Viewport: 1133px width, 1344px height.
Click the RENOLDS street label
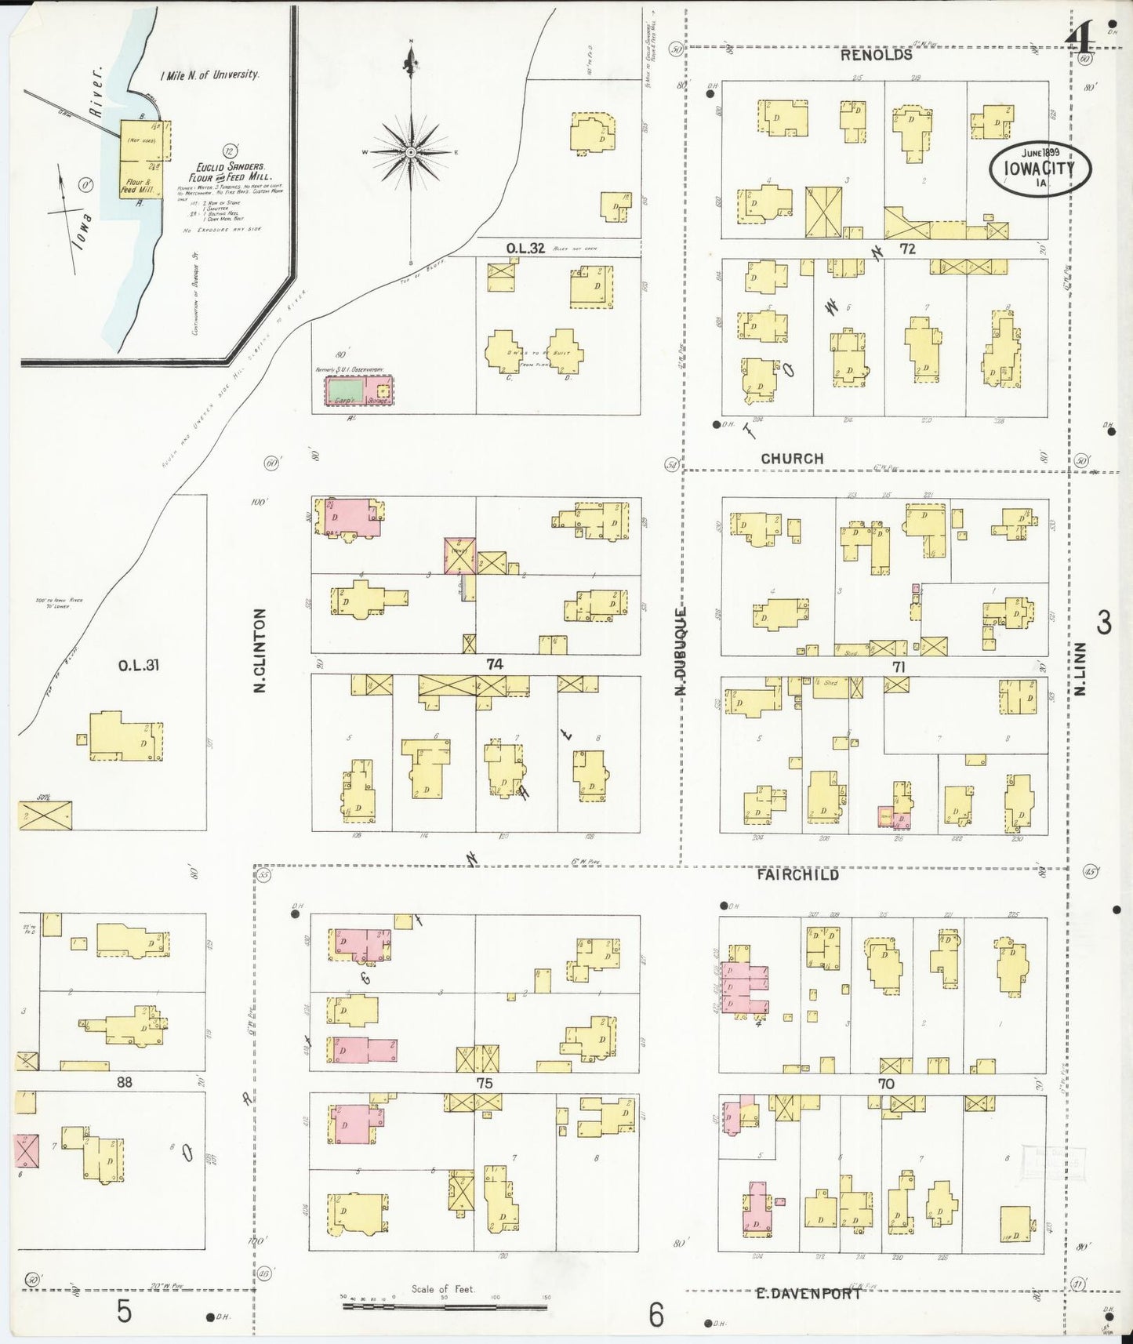[x=876, y=56]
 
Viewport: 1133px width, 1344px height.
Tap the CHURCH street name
[x=792, y=459]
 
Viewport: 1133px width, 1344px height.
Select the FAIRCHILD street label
[x=797, y=874]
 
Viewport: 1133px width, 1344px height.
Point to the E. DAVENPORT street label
[x=808, y=1294]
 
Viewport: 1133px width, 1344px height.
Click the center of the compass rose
[x=410, y=151]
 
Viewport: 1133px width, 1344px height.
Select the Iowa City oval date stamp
[x=1041, y=167]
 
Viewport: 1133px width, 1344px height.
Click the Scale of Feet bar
[x=444, y=1307]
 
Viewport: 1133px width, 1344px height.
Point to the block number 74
[x=494, y=664]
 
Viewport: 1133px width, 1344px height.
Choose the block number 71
[x=898, y=667]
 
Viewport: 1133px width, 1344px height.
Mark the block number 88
[x=124, y=1082]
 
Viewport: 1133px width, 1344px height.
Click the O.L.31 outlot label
[x=139, y=666]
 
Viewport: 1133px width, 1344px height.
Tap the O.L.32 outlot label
[x=525, y=249]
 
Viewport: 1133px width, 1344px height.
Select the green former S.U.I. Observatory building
[x=345, y=390]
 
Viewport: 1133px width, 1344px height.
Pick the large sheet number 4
[x=1083, y=35]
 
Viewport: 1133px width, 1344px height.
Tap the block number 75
[x=484, y=1083]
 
